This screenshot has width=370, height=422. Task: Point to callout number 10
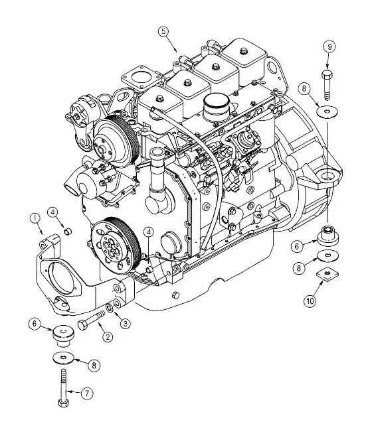point(310,301)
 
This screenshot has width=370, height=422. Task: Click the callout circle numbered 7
point(87,393)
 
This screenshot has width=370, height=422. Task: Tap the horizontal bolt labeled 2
point(90,322)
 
